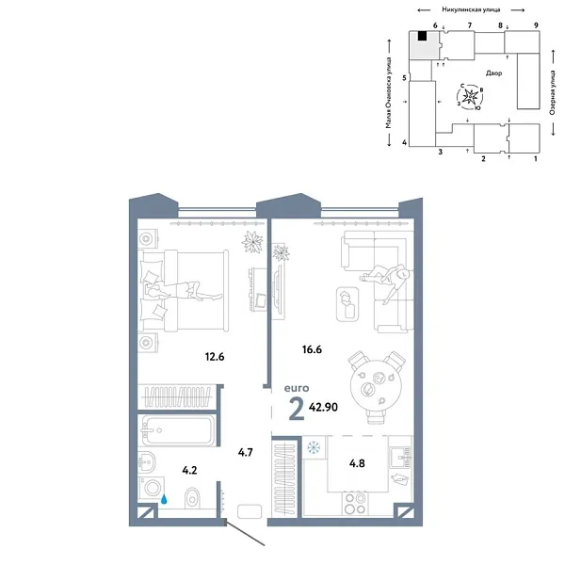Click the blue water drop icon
164,500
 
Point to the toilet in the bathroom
192,496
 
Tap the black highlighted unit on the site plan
424,37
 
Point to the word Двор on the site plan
495,73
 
